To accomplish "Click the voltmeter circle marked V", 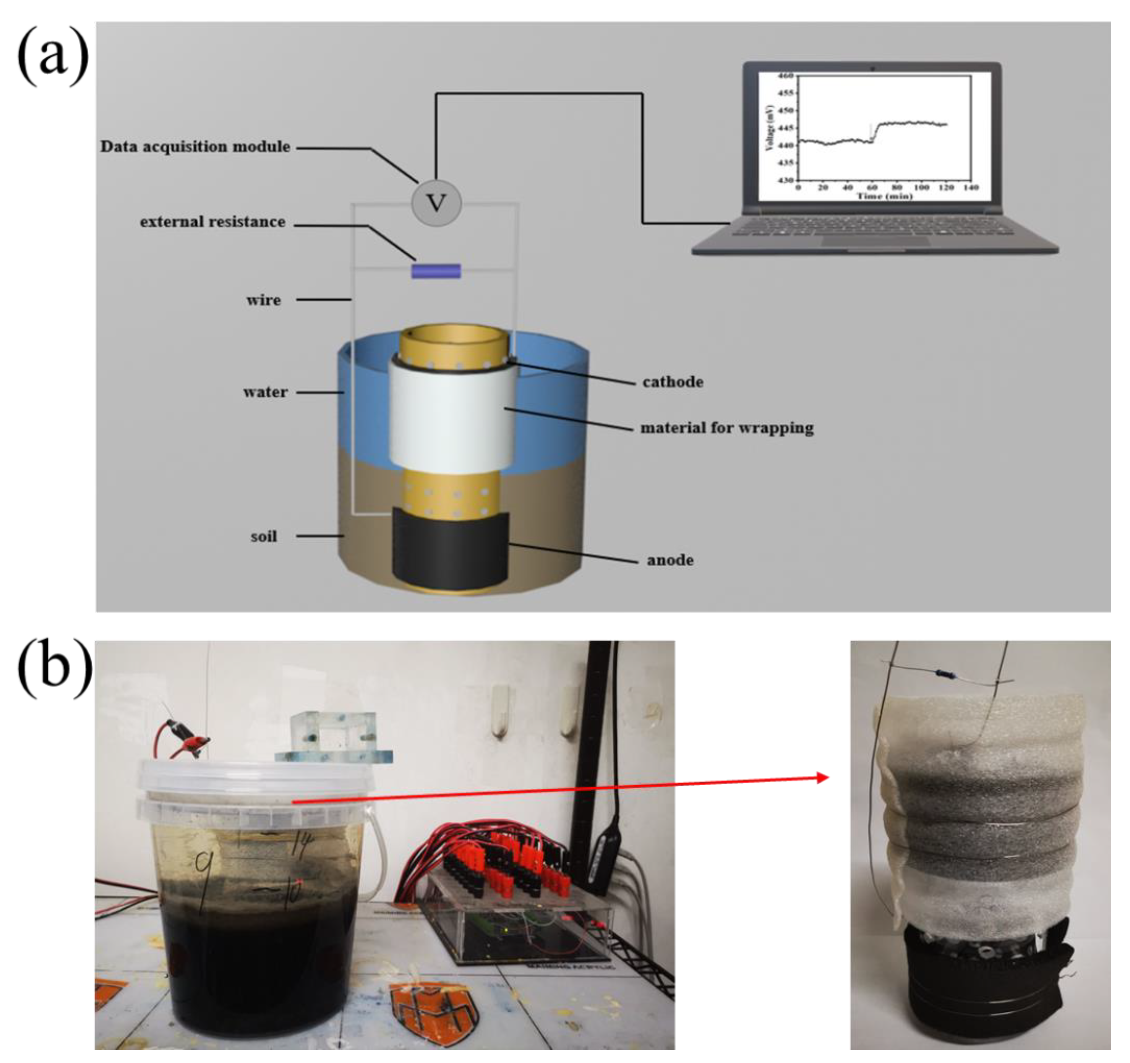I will pyautogui.click(x=436, y=203).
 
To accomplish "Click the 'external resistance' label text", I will pyautogui.click(x=212, y=222).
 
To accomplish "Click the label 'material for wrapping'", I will pyautogui.click(x=726, y=428).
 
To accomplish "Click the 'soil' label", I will pyautogui.click(x=264, y=536).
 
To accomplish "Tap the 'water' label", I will pyautogui.click(x=265, y=392).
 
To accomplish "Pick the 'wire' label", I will pyautogui.click(x=263, y=300).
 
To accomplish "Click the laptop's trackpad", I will pyautogui.click(x=875, y=241).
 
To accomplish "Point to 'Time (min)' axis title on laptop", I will pyautogui.click(x=884, y=196).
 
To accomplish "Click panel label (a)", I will pyautogui.click(x=53, y=57).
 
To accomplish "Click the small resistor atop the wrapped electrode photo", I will pyautogui.click(x=943, y=674).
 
